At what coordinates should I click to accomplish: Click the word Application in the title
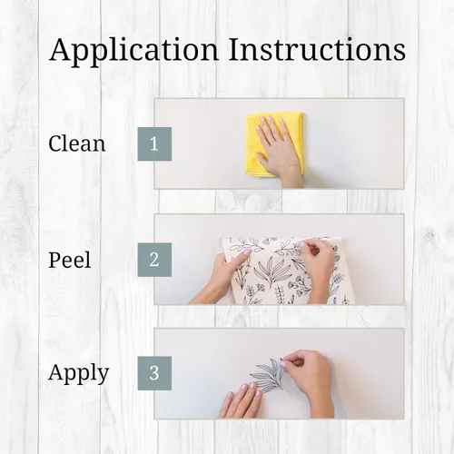coord(134,50)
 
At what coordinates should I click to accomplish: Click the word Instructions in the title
coord(317,49)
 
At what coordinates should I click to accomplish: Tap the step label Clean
coord(77,143)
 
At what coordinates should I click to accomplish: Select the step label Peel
coord(69,260)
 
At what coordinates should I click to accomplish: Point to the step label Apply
coord(78,373)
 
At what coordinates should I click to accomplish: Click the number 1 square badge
coord(154,144)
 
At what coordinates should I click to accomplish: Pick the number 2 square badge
coord(154,260)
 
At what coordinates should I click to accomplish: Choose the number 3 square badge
coord(154,373)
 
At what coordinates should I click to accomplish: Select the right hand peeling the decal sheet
coord(315,266)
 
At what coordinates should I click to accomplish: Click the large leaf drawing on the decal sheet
coord(270,270)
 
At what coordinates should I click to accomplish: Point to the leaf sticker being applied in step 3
coord(268,375)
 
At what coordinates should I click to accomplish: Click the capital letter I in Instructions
coord(236,49)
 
